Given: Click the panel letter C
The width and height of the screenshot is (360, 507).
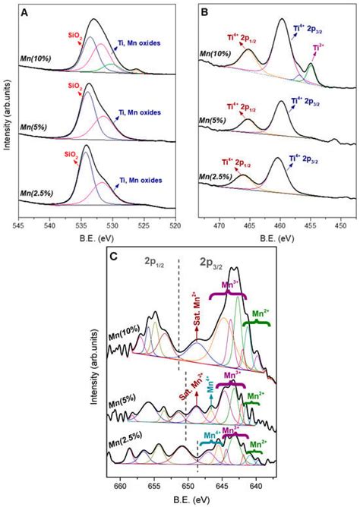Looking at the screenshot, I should tap(112, 257).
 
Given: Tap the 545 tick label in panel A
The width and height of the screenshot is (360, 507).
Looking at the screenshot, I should tap(21, 225).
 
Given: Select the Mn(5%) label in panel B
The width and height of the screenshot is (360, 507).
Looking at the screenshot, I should tap(215, 121).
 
